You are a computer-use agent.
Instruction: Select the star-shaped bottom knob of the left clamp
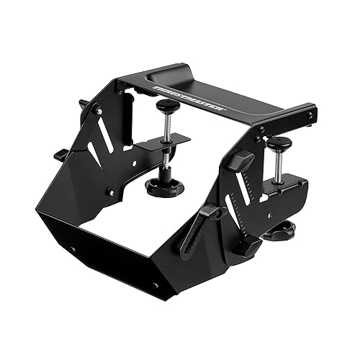click(x=164, y=187)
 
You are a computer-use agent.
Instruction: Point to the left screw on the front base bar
click(x=73, y=249)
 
